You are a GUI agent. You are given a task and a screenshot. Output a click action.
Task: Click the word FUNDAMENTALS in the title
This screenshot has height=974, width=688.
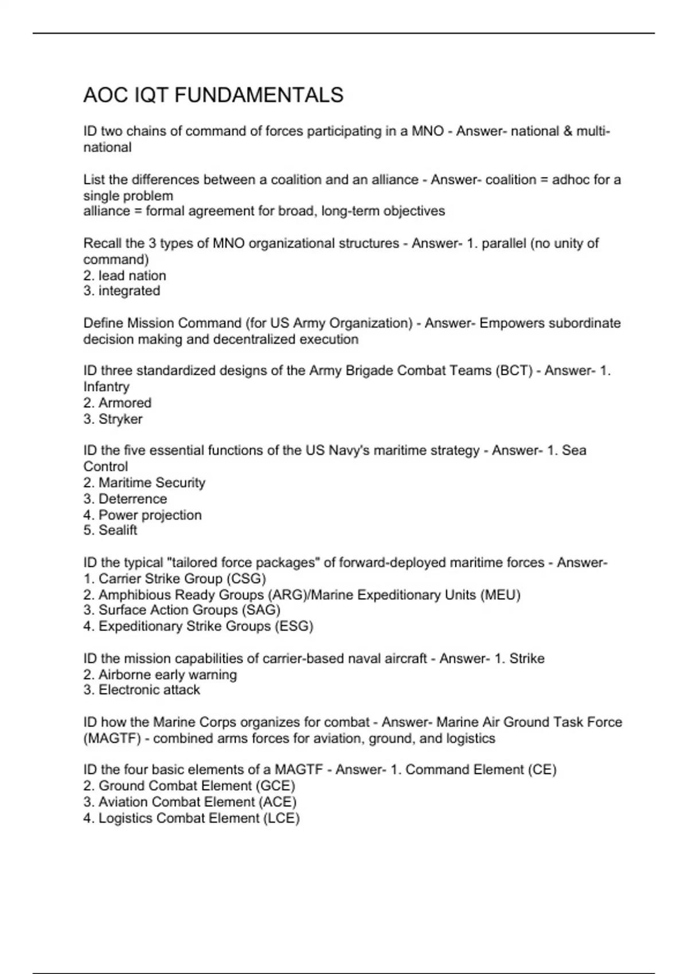click(x=259, y=95)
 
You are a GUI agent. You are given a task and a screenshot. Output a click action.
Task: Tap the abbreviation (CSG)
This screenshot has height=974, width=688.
click(x=247, y=579)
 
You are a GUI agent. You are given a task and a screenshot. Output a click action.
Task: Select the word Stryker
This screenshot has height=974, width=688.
click(x=120, y=419)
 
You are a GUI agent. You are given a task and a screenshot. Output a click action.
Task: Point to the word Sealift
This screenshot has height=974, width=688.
click(x=118, y=531)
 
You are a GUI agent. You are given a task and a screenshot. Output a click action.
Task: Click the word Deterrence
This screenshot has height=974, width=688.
click(x=132, y=498)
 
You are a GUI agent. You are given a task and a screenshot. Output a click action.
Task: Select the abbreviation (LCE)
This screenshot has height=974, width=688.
click(x=281, y=818)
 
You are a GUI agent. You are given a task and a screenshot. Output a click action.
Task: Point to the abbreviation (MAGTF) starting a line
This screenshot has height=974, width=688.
click(x=112, y=739)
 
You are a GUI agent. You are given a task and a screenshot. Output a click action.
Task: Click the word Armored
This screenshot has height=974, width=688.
click(x=125, y=403)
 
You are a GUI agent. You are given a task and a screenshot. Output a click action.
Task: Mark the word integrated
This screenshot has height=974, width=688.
click(x=129, y=291)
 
